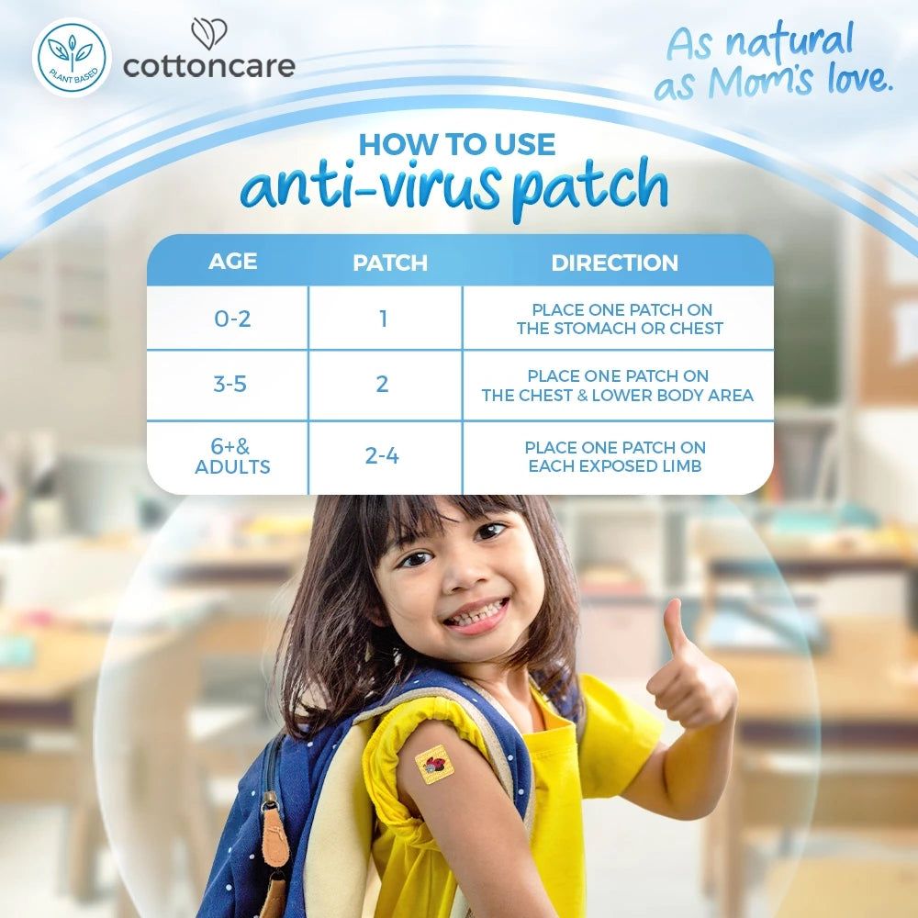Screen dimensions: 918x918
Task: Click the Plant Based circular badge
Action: point(72,57)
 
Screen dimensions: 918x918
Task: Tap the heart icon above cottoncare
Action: point(208,35)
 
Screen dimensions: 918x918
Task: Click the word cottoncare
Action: point(208,66)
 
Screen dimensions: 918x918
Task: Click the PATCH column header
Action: point(390,263)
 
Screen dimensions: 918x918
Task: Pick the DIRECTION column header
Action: point(614,263)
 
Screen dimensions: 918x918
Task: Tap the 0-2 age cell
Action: point(231,319)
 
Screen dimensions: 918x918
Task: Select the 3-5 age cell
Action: point(229,384)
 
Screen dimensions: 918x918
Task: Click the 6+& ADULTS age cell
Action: point(232,456)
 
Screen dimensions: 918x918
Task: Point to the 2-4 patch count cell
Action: point(382,455)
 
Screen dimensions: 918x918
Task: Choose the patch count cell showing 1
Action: point(383,319)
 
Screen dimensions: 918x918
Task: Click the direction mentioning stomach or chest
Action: point(620,319)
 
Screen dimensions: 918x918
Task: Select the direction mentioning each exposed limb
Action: point(614,456)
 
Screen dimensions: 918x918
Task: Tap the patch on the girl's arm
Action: point(434,765)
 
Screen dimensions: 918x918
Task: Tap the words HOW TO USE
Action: point(456,144)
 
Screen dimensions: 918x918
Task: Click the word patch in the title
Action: point(589,186)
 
